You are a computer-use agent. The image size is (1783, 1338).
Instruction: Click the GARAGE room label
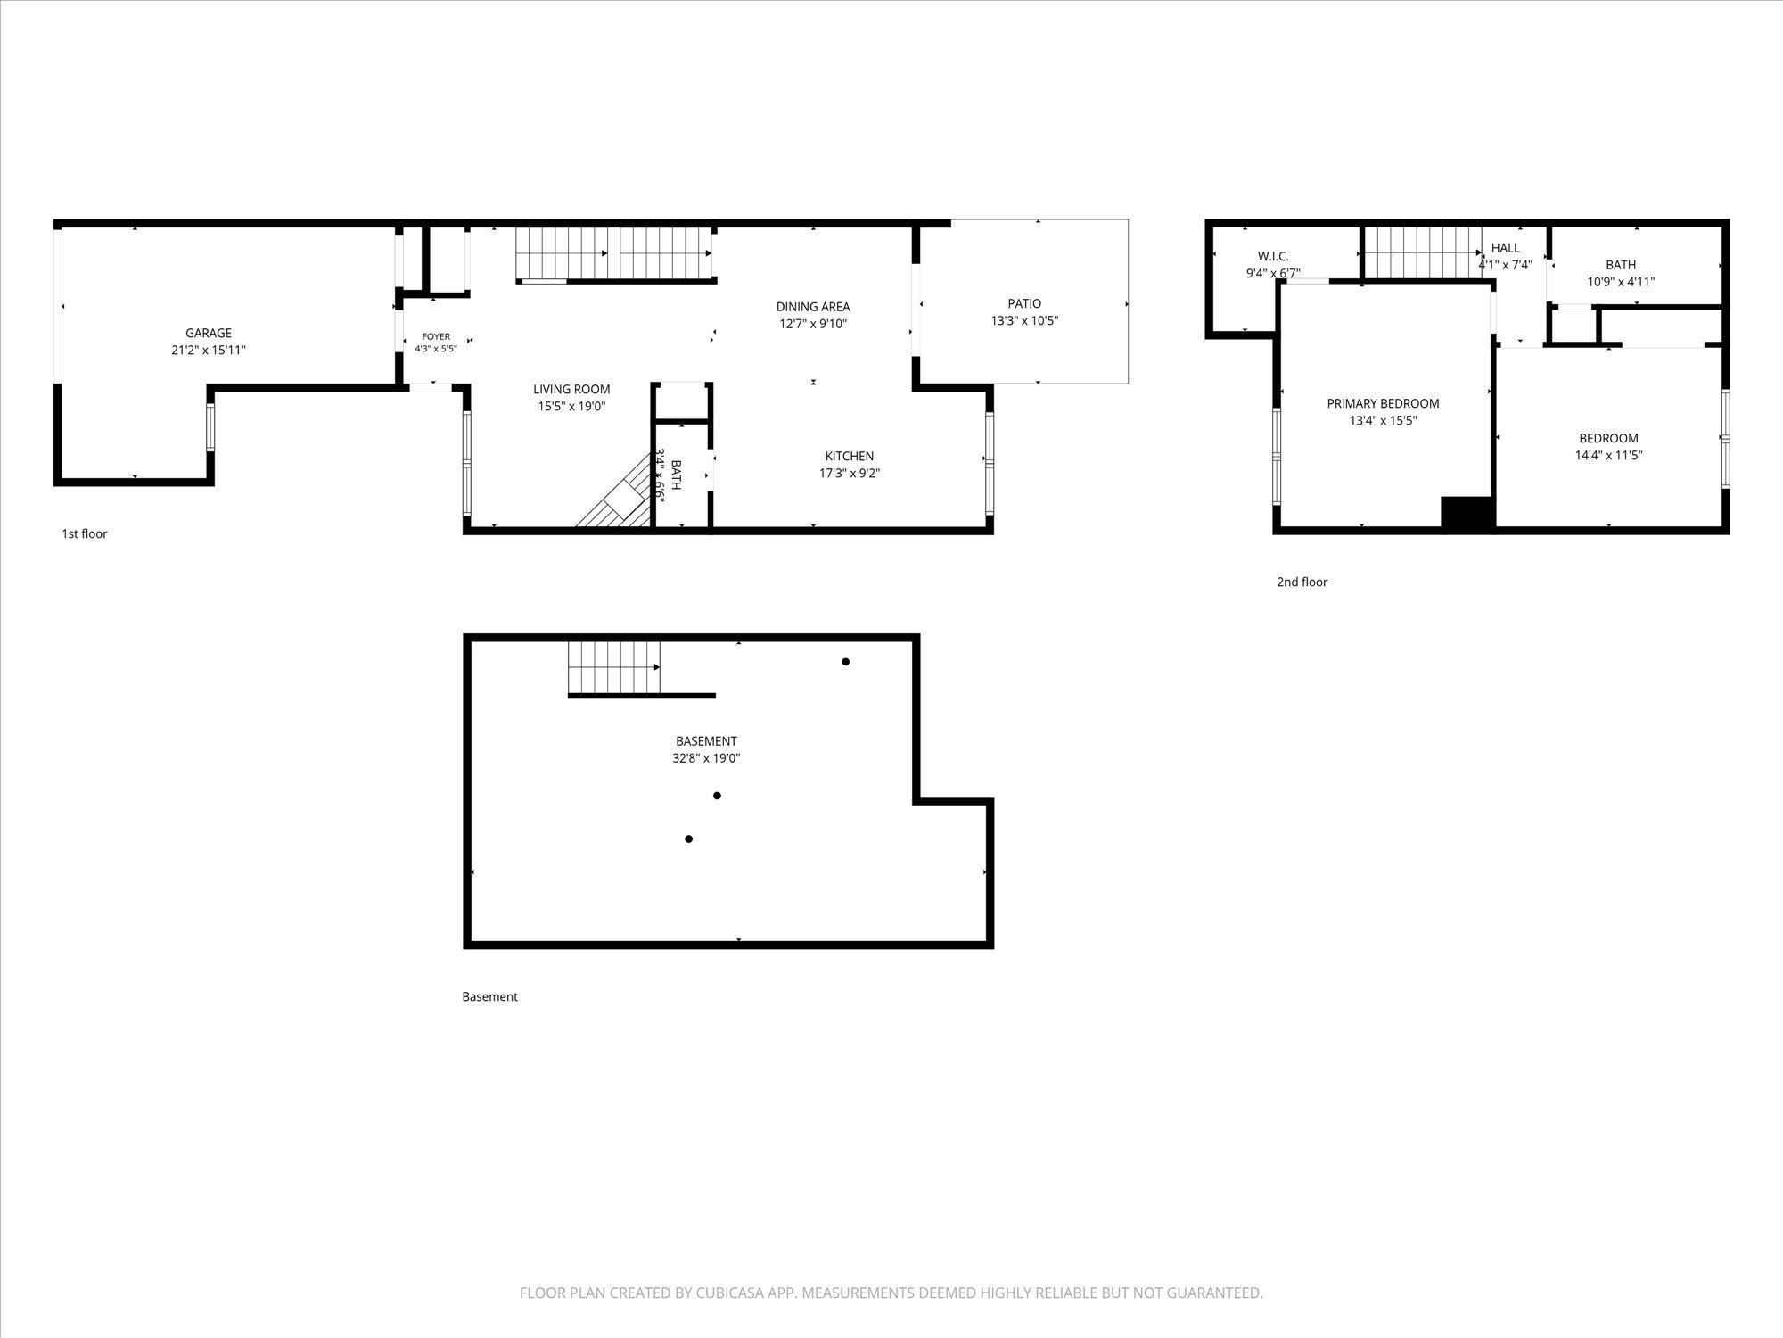pyautogui.click(x=209, y=334)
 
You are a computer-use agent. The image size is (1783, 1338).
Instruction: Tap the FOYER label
pyautogui.click(x=436, y=337)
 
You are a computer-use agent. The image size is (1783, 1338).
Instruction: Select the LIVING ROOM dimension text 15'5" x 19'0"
pyautogui.click(x=571, y=407)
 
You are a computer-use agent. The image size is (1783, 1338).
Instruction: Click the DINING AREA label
pyautogui.click(x=813, y=307)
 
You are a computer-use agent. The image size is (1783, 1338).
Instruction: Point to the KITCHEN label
pyautogui.click(x=850, y=457)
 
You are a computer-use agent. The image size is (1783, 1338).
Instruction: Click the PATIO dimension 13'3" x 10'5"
pyautogui.click(x=1024, y=321)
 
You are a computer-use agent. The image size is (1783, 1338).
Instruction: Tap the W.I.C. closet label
pyautogui.click(x=1273, y=257)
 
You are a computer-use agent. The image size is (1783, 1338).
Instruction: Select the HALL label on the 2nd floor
pyautogui.click(x=1506, y=249)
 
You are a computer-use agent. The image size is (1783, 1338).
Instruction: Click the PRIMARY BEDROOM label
pyautogui.click(x=1383, y=404)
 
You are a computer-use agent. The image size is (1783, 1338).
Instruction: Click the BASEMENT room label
pyautogui.click(x=706, y=741)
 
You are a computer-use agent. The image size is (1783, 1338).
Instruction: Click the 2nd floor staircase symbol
pyautogui.click(x=1423, y=252)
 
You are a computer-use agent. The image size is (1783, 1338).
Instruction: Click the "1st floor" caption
pyautogui.click(x=84, y=534)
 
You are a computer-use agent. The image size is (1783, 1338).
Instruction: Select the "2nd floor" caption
pyautogui.click(x=1302, y=582)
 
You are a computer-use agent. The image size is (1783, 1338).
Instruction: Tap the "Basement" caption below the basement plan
pyautogui.click(x=489, y=997)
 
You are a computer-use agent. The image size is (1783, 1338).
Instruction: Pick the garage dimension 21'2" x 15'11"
pyautogui.click(x=209, y=351)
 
